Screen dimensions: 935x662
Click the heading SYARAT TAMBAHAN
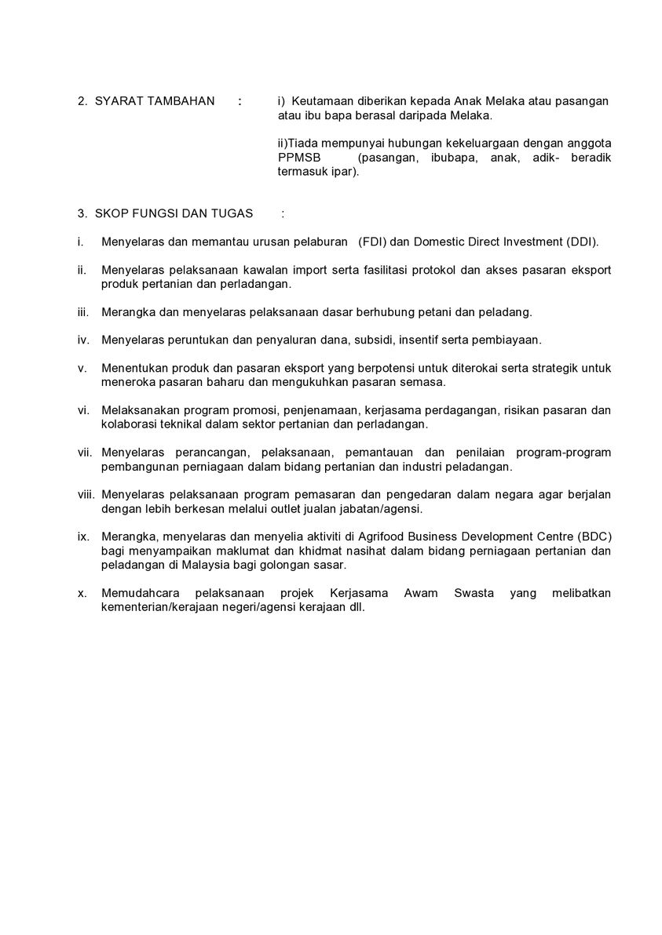pos(154,101)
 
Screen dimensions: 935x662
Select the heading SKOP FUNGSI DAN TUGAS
pos(174,213)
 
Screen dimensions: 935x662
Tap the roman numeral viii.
pos(86,495)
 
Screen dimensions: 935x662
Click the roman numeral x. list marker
pos(82,593)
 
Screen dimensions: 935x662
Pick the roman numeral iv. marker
pos(83,340)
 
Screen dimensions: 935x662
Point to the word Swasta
pos(474,593)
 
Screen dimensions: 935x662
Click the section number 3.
pos(81,213)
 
